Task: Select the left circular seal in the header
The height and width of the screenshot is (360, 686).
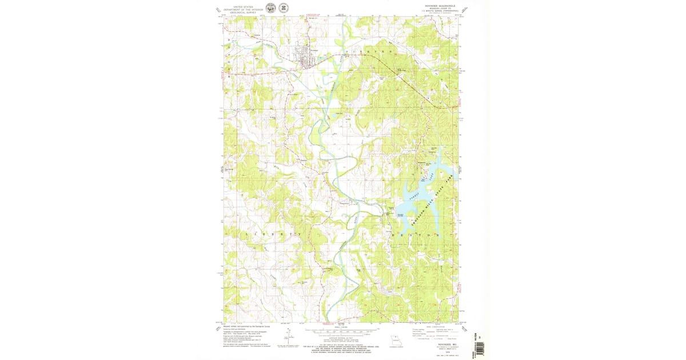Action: pos(270,8)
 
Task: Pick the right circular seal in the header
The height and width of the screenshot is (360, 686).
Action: pos(283,8)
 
